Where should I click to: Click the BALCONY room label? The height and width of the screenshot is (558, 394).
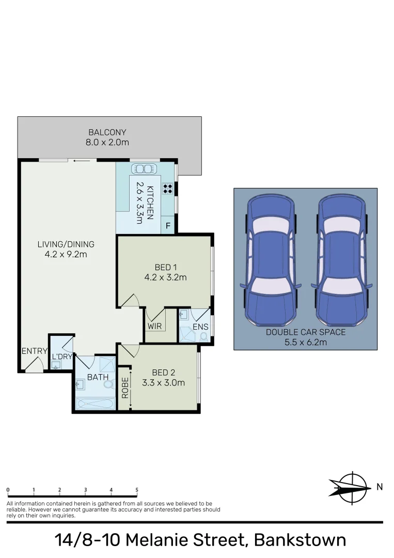107,133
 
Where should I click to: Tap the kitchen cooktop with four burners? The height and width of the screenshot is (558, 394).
168,189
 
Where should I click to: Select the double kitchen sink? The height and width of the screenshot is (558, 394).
144,168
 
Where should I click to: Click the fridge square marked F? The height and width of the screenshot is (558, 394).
168,226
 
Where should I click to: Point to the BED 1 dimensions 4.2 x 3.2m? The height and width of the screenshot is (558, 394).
166,277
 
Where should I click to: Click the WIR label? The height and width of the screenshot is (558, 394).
155,327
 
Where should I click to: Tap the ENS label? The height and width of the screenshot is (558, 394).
200,327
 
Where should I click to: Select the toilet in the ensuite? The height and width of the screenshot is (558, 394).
203,336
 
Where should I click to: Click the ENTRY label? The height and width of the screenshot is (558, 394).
34,351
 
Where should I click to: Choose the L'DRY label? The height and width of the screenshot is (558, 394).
62,357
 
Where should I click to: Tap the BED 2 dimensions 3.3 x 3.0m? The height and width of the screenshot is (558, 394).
164,383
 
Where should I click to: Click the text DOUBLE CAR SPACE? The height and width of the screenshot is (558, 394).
306,332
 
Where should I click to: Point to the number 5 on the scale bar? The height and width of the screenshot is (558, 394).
137,489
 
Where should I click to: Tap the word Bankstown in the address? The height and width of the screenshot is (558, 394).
300,540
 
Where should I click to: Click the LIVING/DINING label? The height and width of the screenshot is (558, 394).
66,244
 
